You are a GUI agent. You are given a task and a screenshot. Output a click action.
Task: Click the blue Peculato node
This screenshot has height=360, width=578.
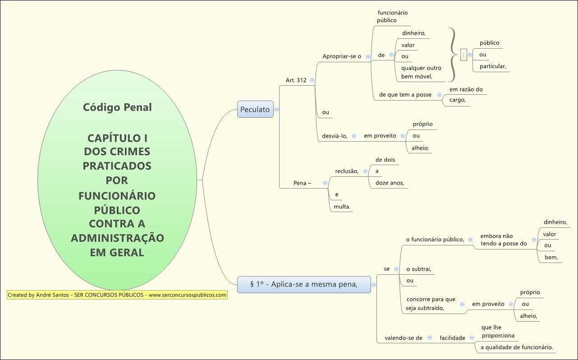pyautogui.click(x=255, y=109)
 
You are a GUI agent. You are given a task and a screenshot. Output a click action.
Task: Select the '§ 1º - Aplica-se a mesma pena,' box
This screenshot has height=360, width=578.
pyautogui.click(x=304, y=285)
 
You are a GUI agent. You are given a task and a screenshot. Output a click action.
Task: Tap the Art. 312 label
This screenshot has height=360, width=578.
pyautogui.click(x=296, y=80)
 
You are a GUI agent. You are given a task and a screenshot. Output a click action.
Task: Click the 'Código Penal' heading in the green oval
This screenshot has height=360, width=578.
pyautogui.click(x=117, y=107)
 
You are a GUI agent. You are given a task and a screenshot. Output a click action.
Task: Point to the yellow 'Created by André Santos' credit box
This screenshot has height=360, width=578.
pyautogui.click(x=117, y=295)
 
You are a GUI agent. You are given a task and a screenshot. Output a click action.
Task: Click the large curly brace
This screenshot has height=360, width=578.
pyautogui.click(x=452, y=55)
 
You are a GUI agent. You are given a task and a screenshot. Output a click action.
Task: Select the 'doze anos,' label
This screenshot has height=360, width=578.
pyautogui.click(x=390, y=183)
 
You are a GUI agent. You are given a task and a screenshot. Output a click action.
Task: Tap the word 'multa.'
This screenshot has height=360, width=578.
pyautogui.click(x=342, y=207)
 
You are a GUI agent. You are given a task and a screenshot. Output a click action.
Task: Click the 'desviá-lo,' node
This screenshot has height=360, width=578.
pyautogui.click(x=335, y=136)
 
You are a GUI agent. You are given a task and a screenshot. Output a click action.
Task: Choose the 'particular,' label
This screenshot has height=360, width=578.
pyautogui.click(x=493, y=67)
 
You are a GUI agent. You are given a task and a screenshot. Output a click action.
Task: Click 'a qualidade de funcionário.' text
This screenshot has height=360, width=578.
pyautogui.click(x=517, y=347)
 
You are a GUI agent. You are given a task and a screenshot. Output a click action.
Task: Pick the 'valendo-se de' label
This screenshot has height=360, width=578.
pyautogui.click(x=403, y=338)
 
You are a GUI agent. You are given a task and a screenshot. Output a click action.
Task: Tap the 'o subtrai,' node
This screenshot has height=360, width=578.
pyautogui.click(x=419, y=269)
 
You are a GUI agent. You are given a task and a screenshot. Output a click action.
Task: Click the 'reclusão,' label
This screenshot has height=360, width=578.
pyautogui.click(x=347, y=171)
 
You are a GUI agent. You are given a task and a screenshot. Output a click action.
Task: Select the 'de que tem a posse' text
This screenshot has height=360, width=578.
pyautogui.click(x=405, y=95)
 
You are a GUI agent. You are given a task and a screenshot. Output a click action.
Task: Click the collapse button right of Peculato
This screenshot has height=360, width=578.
pyautogui.click(x=277, y=109)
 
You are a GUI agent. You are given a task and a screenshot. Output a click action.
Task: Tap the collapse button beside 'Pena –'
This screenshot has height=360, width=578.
pyautogui.click(x=325, y=183)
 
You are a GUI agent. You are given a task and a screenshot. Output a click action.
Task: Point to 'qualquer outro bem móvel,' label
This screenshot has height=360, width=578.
pyautogui.click(x=421, y=72)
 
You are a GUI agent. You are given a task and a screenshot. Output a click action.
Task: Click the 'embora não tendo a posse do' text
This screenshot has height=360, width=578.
pyautogui.click(x=503, y=240)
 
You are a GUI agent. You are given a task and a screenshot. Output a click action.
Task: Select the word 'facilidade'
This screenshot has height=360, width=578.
pyautogui.click(x=452, y=338)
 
